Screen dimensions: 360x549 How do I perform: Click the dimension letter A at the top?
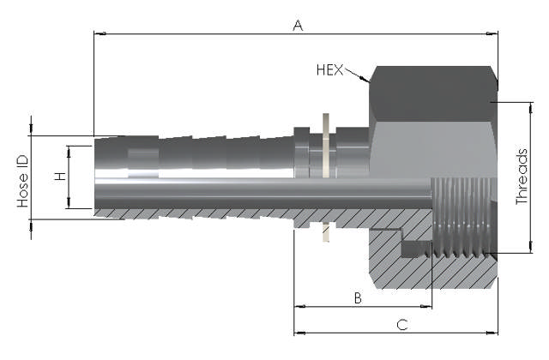point(298,26)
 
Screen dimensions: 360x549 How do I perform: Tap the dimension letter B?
point(358,297)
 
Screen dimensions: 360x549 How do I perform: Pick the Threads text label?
point(522,177)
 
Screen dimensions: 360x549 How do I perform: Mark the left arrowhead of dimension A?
point(99,34)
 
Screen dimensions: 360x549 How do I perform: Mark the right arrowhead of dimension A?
point(492,34)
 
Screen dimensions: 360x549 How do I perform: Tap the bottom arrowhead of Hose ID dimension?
point(32,224)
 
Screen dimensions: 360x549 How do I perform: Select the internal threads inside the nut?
point(463,219)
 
